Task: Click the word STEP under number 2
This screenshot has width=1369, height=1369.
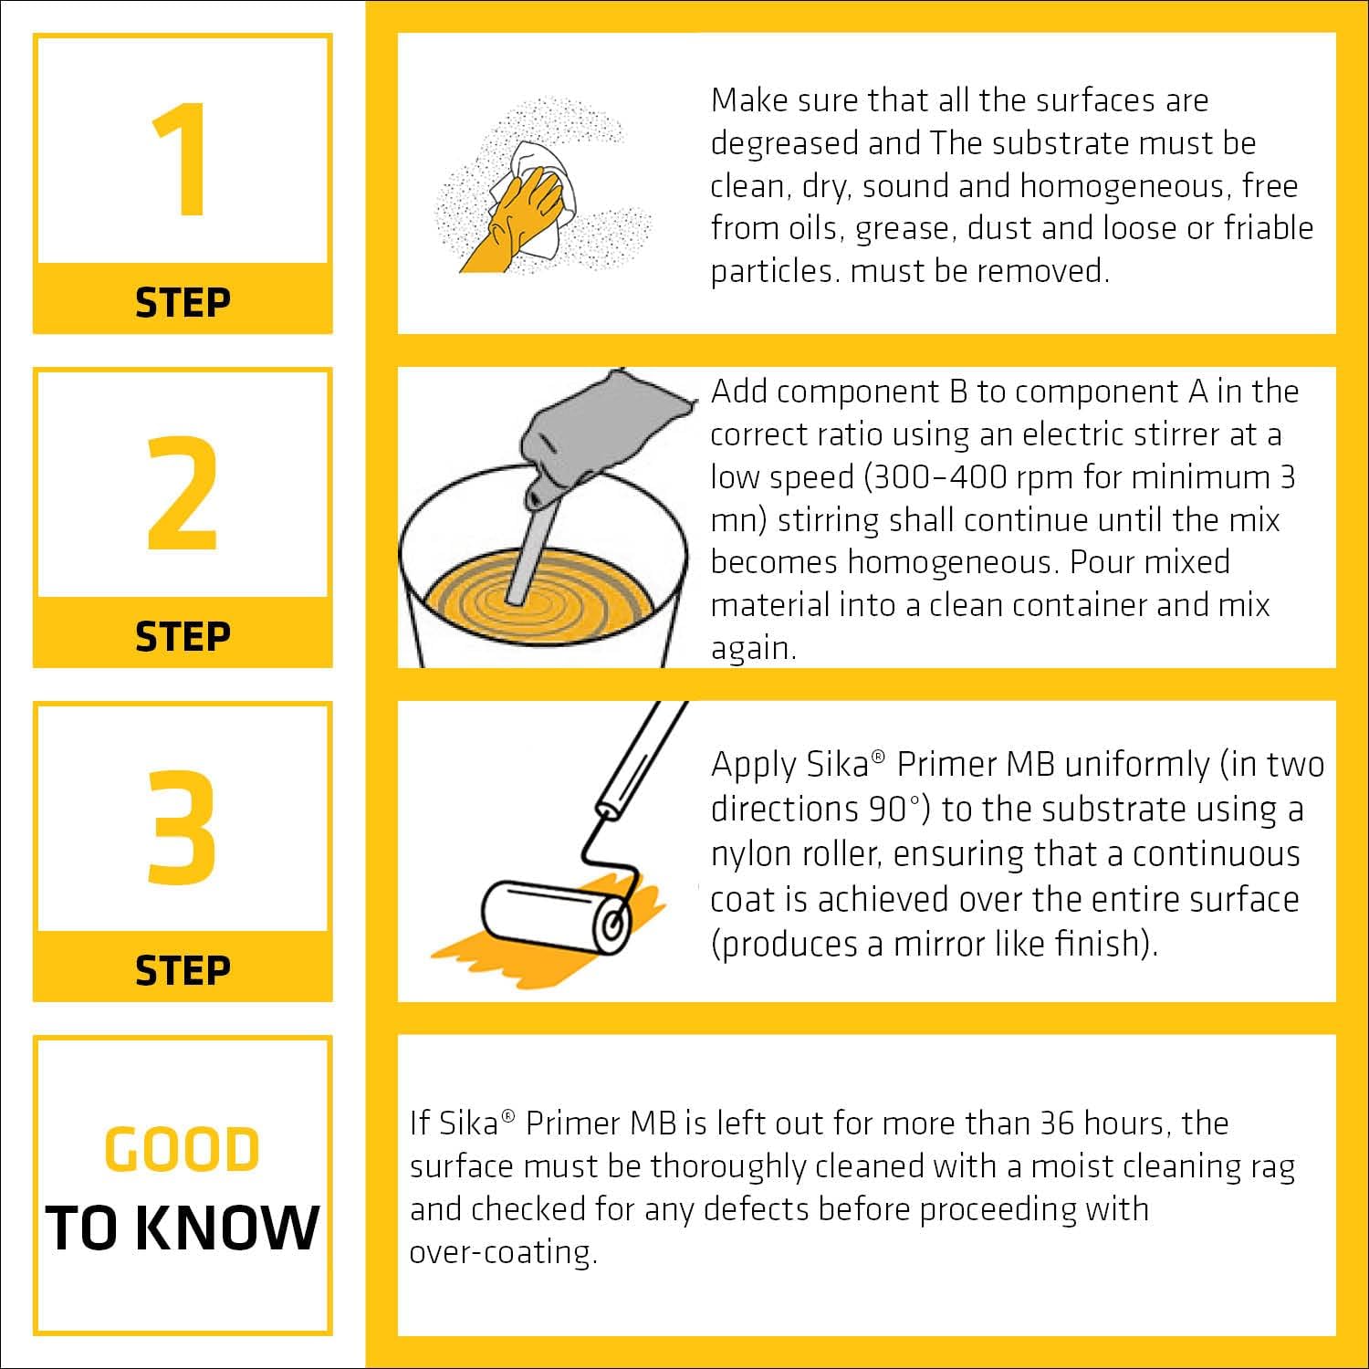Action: (x=183, y=636)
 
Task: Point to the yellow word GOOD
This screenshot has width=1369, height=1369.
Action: (x=183, y=1149)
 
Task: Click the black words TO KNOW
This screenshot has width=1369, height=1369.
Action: (x=183, y=1228)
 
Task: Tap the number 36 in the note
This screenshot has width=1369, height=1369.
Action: (x=1057, y=1123)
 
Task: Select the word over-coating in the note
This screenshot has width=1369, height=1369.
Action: (x=503, y=1251)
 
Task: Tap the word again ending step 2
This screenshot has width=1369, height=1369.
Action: (x=753, y=648)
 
